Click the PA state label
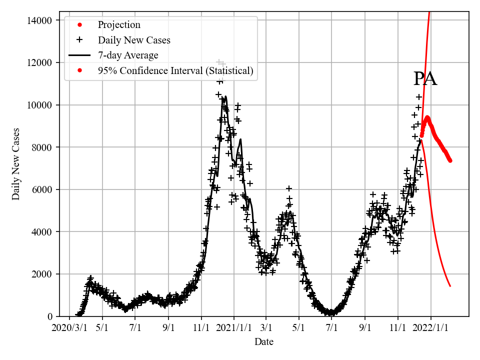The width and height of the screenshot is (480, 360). pos(425,79)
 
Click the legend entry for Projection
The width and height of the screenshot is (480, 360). pos(119,25)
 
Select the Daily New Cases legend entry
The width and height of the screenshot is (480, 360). pos(134,40)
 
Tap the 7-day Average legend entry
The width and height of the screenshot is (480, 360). pos(128,55)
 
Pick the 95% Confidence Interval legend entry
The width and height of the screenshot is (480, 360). pos(175,70)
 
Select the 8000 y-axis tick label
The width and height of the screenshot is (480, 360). pos(43,147)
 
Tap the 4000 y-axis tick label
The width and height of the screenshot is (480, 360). pos(43,231)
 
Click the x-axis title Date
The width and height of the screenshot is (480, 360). pos(264,342)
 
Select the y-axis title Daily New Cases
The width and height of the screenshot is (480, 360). pos(16,164)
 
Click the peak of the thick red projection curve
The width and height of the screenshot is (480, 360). pos(427,118)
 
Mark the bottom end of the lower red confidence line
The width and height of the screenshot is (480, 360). pos(450,286)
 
